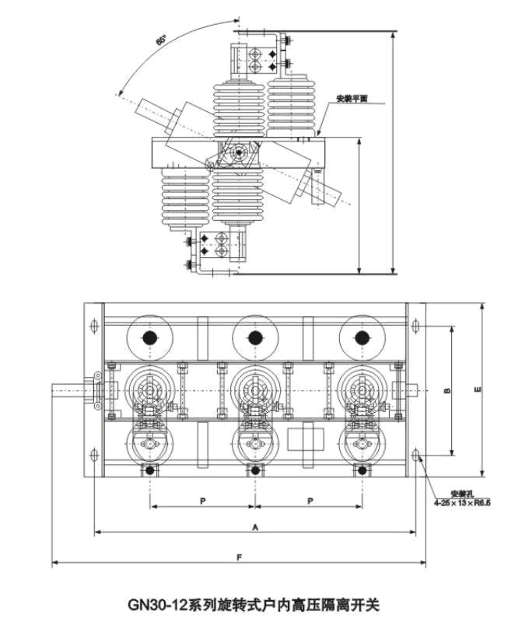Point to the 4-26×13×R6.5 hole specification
pyautogui.click(x=464, y=503)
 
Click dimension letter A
pyautogui.click(x=254, y=526)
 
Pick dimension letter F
pyautogui.click(x=240, y=556)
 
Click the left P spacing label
pyautogui.click(x=202, y=501)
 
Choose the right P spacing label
pyautogui.click(x=309, y=501)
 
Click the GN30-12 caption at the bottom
pyautogui.click(x=254, y=603)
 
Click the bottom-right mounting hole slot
pyautogui.click(x=418, y=454)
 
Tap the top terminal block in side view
pyautogui.click(x=257, y=57)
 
